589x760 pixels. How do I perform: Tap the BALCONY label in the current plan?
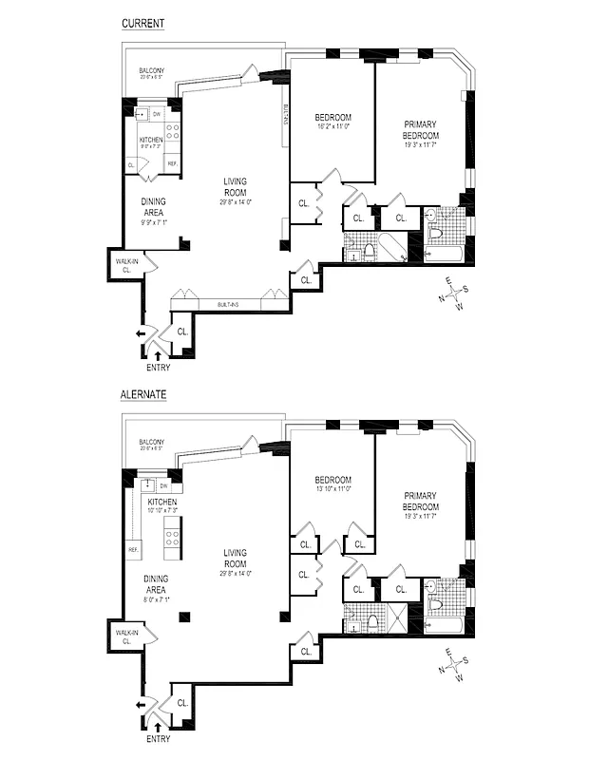click(x=152, y=71)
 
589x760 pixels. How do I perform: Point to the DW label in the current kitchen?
click(x=156, y=116)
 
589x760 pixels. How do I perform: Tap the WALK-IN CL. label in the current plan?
click(x=123, y=264)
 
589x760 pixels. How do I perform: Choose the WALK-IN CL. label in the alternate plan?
click(x=123, y=636)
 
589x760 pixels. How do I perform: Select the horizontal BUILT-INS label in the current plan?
click(x=226, y=305)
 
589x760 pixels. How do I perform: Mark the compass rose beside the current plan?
click(x=455, y=294)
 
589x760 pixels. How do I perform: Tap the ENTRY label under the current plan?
click(x=159, y=367)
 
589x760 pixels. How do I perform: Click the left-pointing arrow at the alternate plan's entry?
click(x=140, y=704)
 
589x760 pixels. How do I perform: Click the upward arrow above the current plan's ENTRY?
click(x=158, y=354)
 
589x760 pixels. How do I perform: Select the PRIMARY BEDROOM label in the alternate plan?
click(x=420, y=501)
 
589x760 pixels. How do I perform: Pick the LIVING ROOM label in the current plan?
click(x=235, y=186)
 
